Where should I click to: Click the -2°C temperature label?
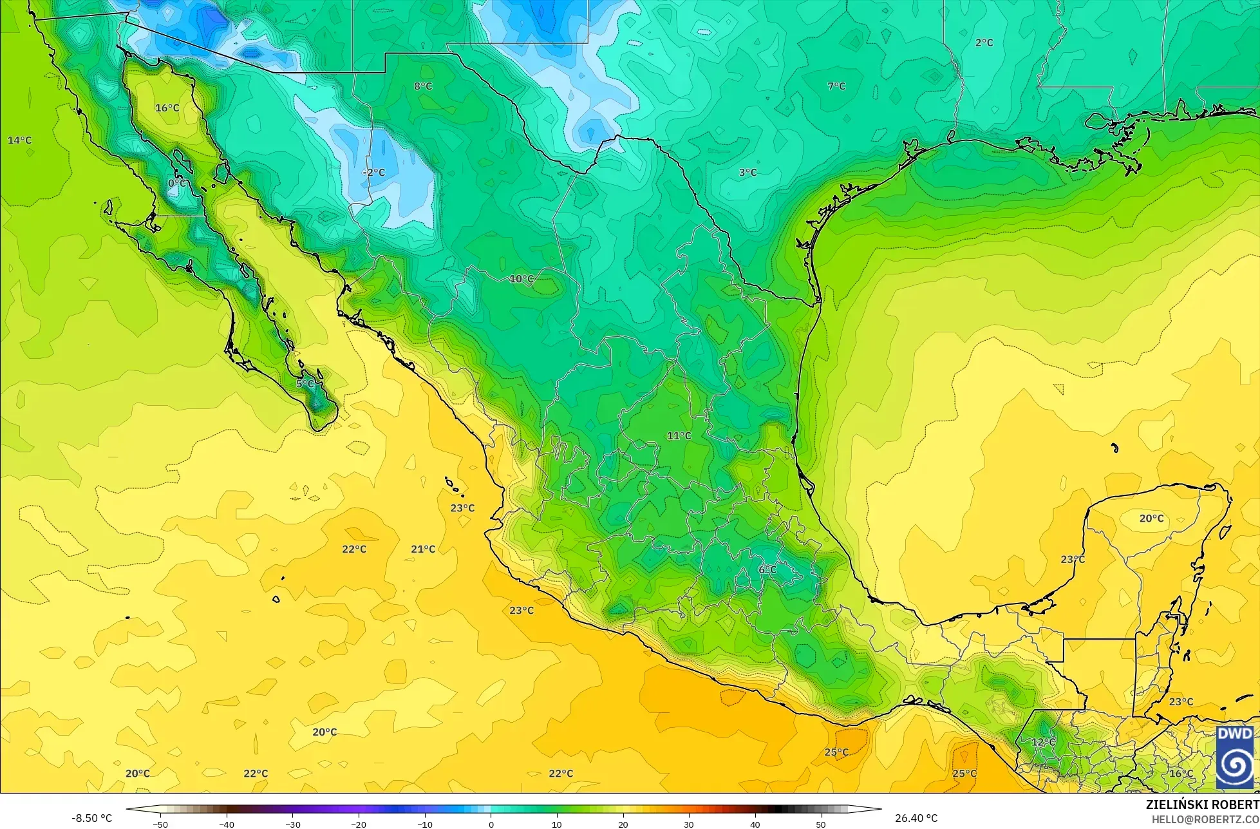coord(373,173)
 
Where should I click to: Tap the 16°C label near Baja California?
coord(167,108)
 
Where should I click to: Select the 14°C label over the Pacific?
coord(19,140)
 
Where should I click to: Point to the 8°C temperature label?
coord(423,86)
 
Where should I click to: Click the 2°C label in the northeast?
coord(984,43)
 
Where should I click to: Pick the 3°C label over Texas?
coord(748,173)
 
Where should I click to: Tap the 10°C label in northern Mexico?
coord(522,279)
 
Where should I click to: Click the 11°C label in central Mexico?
coord(679,436)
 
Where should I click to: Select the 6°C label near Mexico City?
coord(767,569)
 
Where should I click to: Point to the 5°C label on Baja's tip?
coord(305,384)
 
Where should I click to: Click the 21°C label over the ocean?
coord(423,549)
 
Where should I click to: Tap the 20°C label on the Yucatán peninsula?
coord(1151,518)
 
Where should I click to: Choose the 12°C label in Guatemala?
coord(1043,742)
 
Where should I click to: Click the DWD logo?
coord(1235,758)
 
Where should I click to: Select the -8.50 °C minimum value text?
coord(91,818)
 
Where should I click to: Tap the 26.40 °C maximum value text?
coord(916,818)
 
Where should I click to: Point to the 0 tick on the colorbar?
coord(491,824)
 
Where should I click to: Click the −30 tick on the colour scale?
coord(292,824)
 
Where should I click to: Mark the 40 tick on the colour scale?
coord(755,824)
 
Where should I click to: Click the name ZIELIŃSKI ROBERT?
coord(1202,805)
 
